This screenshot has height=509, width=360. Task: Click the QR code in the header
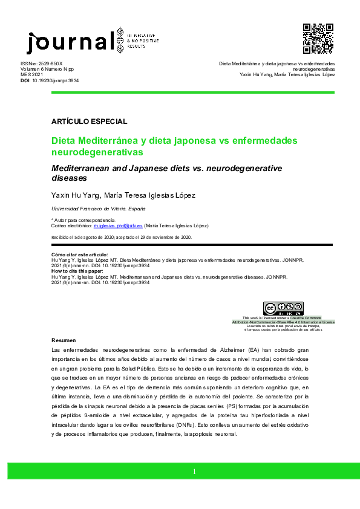coord(318,39)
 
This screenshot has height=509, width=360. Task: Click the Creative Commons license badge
coord(283,309)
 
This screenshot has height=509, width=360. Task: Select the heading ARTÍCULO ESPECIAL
coord(90,122)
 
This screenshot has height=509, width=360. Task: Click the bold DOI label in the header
coord(25,80)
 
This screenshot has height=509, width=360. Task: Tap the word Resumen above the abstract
coord(64,340)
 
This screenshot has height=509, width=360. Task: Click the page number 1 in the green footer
coord(194,472)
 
